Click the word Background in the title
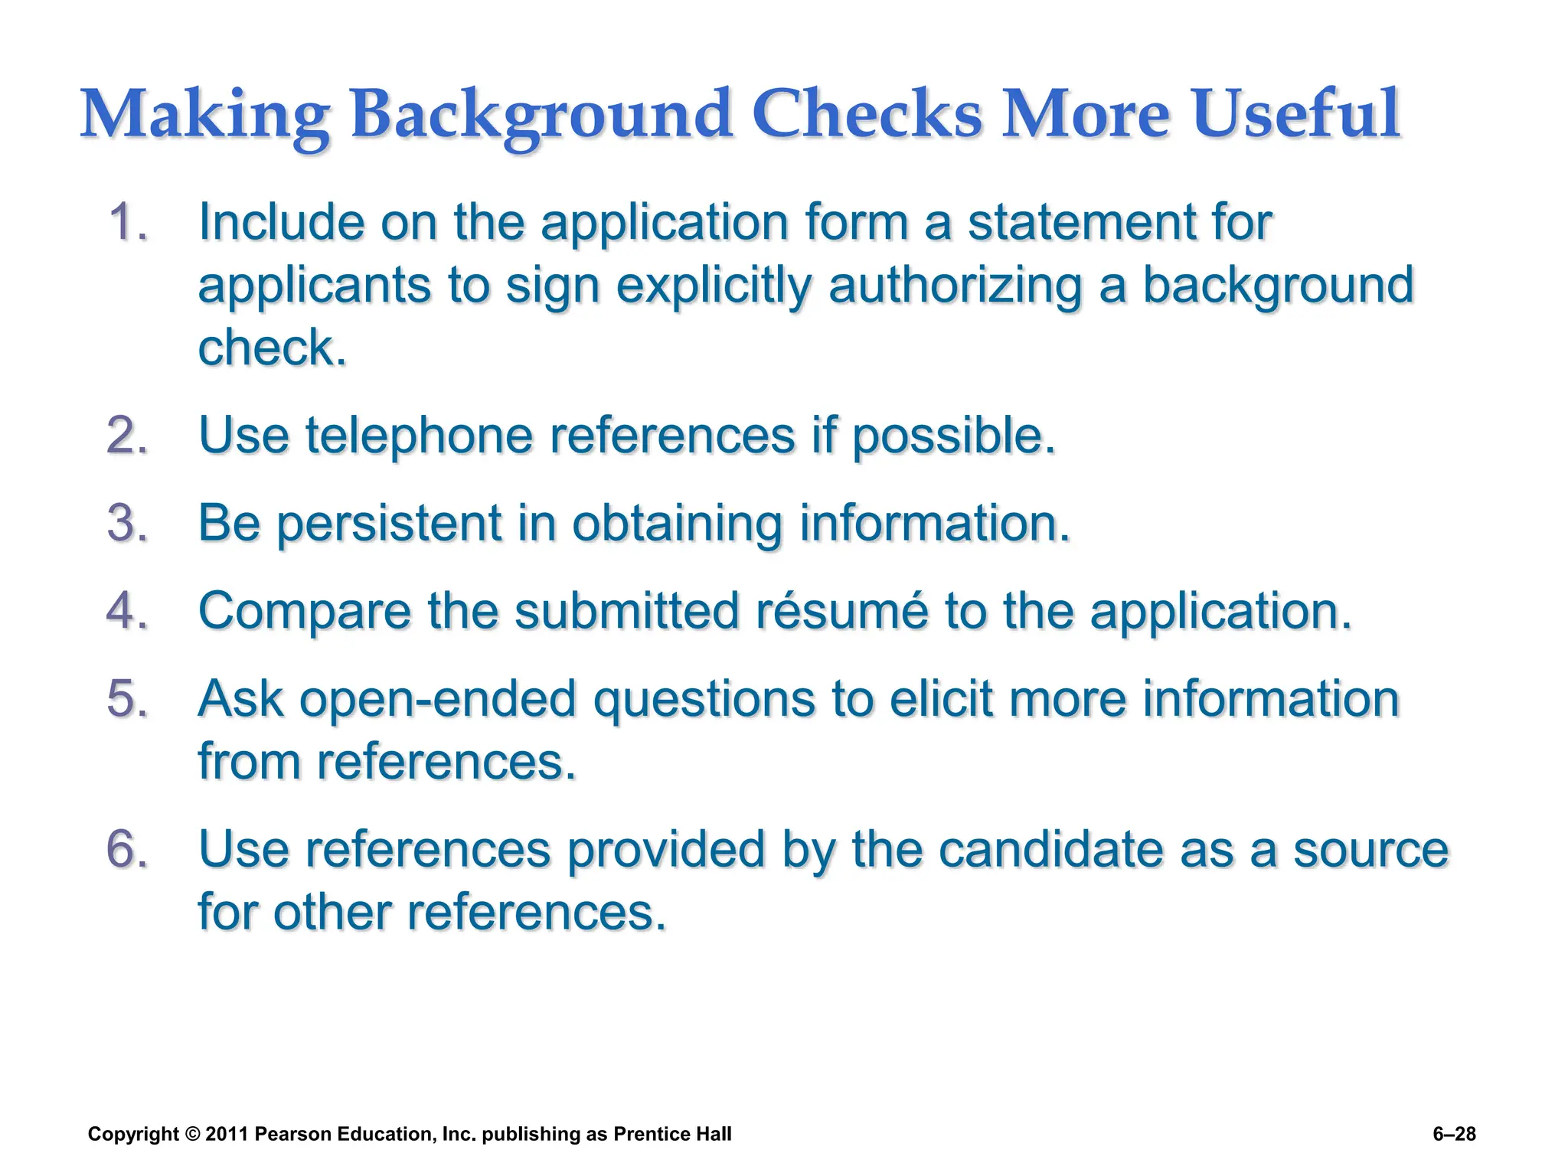tap(541, 115)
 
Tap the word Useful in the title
tap(1295, 115)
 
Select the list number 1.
tap(126, 223)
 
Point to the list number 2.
tap(126, 436)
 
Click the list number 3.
tap(126, 524)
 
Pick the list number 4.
tap(126, 612)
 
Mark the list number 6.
tap(126, 850)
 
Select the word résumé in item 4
tap(841, 612)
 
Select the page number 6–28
tap(1454, 1135)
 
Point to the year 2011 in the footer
tap(227, 1135)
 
